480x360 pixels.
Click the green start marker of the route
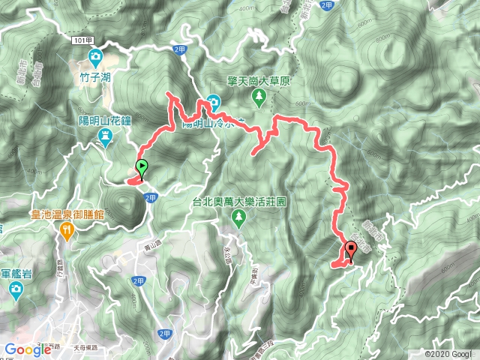[x=142, y=168]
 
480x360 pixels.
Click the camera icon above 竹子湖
[x=96, y=57]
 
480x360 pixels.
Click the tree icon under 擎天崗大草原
[x=258, y=95]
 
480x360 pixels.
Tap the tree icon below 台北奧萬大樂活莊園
[x=239, y=217]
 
